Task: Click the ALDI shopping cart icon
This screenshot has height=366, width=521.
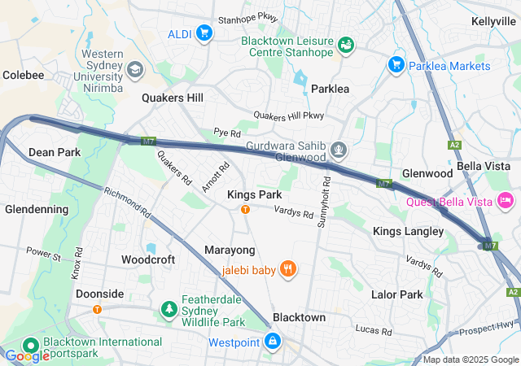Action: (204, 33)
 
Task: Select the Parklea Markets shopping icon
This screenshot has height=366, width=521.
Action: (396, 64)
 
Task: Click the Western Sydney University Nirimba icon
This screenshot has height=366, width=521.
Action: (134, 70)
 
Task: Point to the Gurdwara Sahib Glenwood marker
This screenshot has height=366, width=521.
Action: (339, 150)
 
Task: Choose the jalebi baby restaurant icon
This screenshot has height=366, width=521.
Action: (287, 269)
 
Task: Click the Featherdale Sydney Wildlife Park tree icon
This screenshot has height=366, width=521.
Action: (169, 309)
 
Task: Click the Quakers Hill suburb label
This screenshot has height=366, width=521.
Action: (173, 98)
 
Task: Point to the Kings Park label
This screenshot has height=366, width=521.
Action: (254, 194)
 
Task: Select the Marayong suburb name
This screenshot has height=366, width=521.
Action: (230, 250)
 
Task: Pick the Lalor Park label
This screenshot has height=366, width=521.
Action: (396, 294)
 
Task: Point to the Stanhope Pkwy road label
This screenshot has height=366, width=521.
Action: (247, 17)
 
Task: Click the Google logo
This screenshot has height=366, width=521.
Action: (27, 355)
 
